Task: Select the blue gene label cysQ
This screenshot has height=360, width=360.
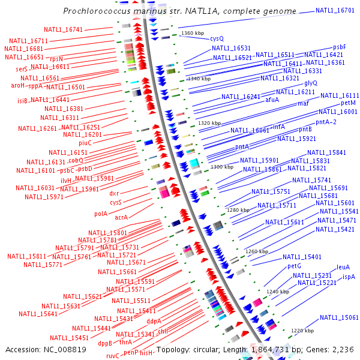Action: click(217, 38)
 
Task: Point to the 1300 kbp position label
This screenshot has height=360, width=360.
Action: click(221, 167)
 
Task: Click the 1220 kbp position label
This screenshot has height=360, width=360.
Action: click(302, 331)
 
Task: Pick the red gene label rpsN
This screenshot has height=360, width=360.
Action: click(56, 59)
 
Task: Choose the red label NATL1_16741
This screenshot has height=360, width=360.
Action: click(64, 29)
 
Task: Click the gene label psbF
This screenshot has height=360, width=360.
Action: click(340, 47)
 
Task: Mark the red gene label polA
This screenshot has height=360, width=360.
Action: click(101, 213)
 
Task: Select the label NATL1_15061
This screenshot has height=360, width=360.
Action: click(339, 317)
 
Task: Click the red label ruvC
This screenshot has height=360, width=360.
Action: click(113, 356)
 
